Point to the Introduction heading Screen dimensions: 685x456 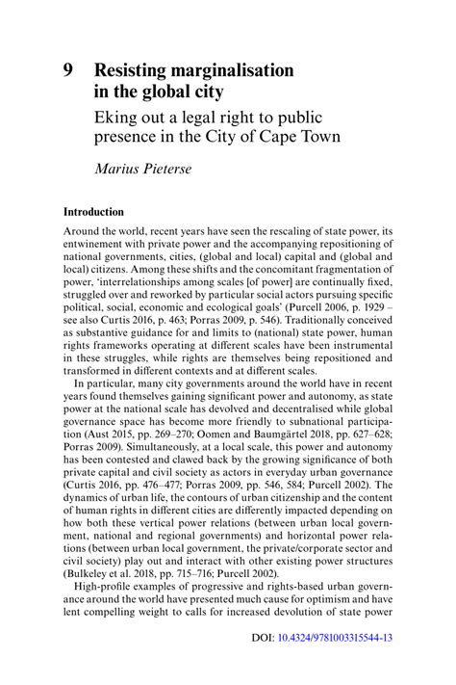(x=93, y=211)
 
